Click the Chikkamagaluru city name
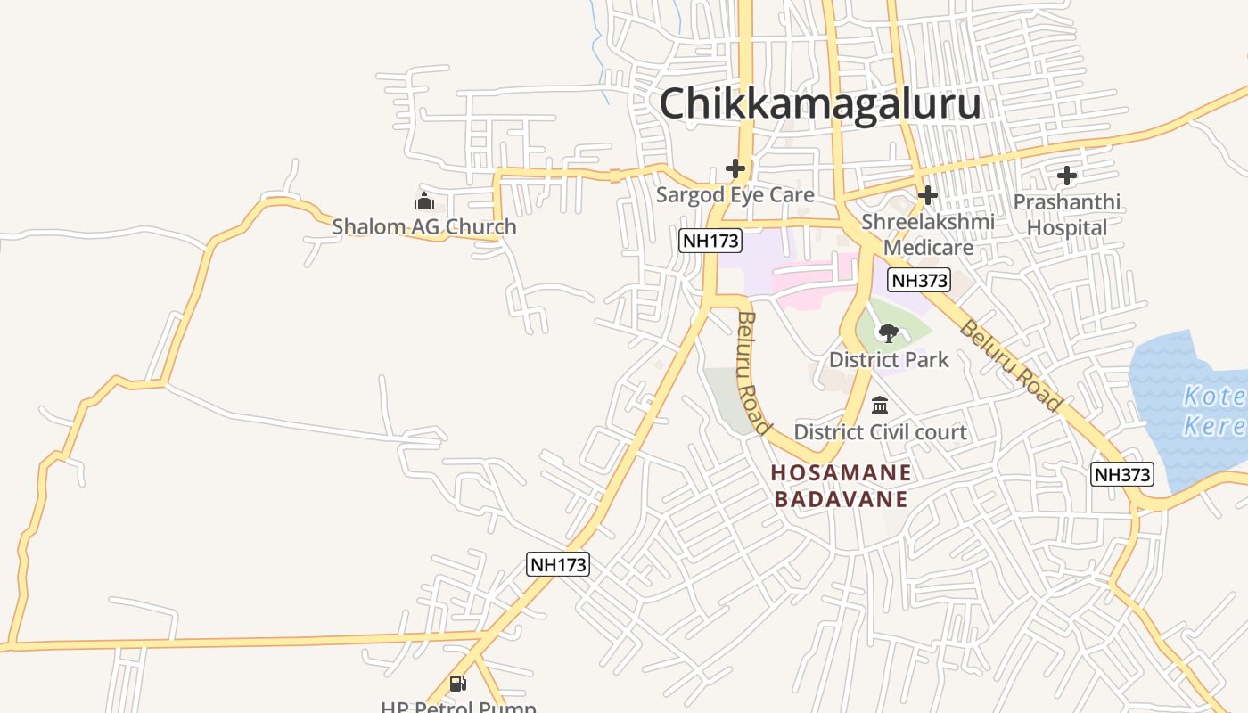pyautogui.click(x=819, y=103)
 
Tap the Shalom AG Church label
pyautogui.click(x=424, y=226)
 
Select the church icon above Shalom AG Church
pyautogui.click(x=424, y=201)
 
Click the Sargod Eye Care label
pyautogui.click(x=735, y=195)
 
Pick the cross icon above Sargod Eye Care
pyautogui.click(x=735, y=168)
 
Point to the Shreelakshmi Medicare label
pyautogui.click(x=928, y=234)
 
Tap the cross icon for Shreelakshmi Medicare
pyautogui.click(x=928, y=194)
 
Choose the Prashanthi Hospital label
pyautogui.click(x=1066, y=215)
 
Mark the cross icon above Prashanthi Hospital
pyautogui.click(x=1067, y=176)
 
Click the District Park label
pyautogui.click(x=889, y=360)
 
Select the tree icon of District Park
pyautogui.click(x=888, y=333)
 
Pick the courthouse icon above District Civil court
pyautogui.click(x=880, y=406)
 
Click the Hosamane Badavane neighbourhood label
pyautogui.click(x=842, y=486)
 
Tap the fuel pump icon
pyautogui.click(x=457, y=684)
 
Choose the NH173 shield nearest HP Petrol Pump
pyautogui.click(x=558, y=564)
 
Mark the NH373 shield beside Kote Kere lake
pyautogui.click(x=1122, y=474)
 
